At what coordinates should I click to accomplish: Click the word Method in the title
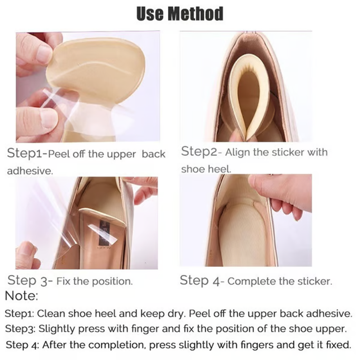[195, 13]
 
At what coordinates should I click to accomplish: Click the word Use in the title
[150, 13]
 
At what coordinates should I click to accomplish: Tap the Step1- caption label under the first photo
[27, 153]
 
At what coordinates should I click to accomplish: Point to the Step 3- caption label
[30, 280]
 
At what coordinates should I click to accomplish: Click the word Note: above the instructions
[21, 296]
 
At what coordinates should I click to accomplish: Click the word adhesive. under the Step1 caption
[30, 171]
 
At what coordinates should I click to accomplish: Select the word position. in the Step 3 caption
[112, 282]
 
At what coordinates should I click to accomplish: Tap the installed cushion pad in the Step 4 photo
[242, 229]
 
